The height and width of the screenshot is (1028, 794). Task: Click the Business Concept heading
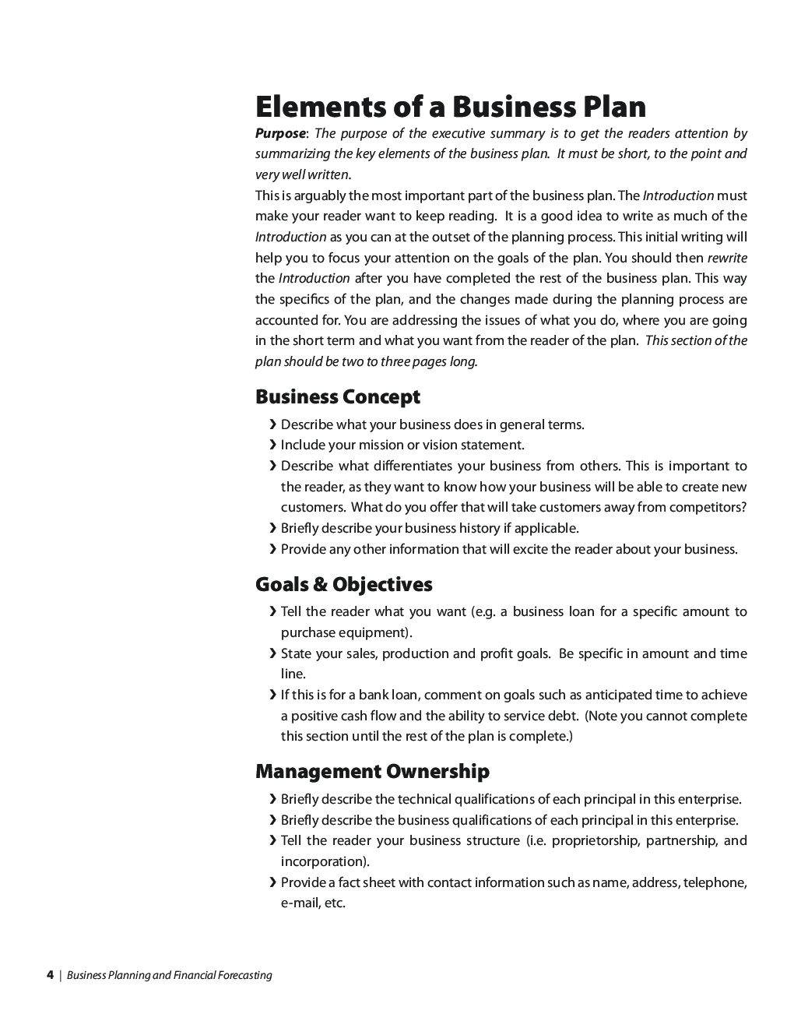(x=337, y=397)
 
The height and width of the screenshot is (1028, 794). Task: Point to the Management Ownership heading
(x=372, y=772)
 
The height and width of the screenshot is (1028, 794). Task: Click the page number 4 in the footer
(x=50, y=975)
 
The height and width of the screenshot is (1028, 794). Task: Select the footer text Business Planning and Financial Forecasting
(x=170, y=975)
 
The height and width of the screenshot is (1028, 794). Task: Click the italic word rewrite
(x=727, y=258)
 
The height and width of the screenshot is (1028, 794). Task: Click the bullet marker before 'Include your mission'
(x=272, y=445)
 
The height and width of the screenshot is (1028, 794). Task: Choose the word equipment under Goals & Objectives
(x=373, y=632)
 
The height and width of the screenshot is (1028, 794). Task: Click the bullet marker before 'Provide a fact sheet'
(x=272, y=882)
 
